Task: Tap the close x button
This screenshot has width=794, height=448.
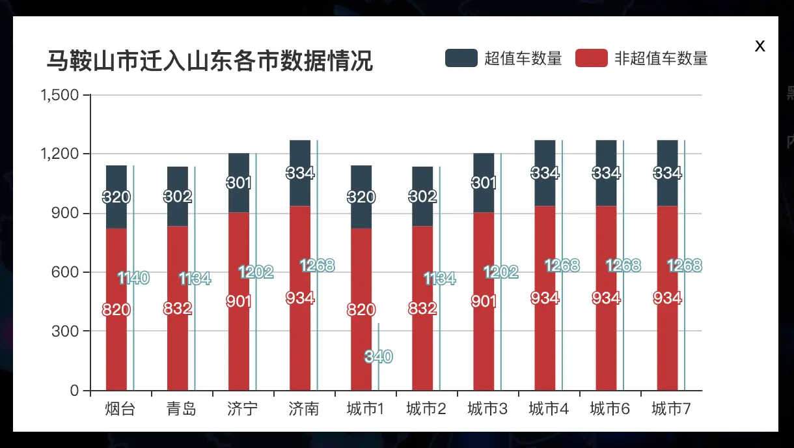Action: pos(760,46)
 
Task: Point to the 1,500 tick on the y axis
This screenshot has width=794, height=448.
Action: pos(60,96)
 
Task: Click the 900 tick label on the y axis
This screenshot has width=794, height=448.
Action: pos(66,214)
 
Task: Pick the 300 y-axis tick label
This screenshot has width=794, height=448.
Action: pos(66,331)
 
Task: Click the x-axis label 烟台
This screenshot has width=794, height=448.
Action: pos(120,409)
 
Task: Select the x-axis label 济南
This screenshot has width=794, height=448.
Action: pos(304,409)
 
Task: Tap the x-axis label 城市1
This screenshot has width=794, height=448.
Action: pos(365,409)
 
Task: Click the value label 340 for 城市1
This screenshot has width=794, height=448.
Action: pos(378,356)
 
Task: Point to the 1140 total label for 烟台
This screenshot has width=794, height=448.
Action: pos(133,278)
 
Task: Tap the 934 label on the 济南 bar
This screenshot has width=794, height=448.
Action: pos(300,298)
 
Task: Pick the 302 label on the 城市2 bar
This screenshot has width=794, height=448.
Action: pos(422,197)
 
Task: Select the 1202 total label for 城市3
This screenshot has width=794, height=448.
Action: pos(500,272)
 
